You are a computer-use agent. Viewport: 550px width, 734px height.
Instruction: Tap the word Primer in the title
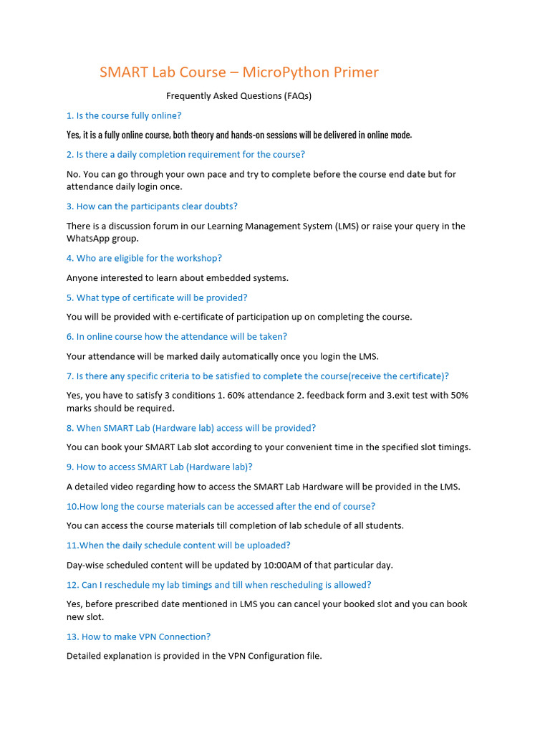click(357, 72)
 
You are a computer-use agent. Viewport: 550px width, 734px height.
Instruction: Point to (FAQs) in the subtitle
click(297, 95)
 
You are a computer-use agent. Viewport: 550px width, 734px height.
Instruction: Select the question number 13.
click(72, 637)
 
